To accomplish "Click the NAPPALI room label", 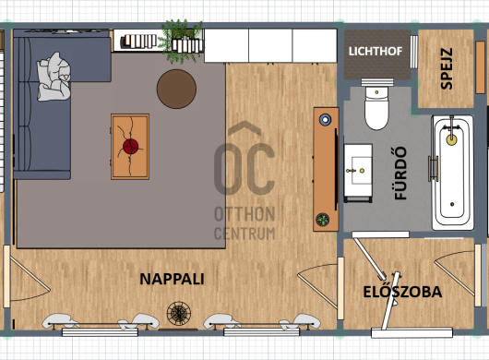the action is (172, 279).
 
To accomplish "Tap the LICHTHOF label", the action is (376, 52).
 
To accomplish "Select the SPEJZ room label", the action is (447, 68).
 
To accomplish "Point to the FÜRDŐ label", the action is (400, 174).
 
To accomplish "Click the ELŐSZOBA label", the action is (402, 292).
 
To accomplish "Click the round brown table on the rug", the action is (176, 89).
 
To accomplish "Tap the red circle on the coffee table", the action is (130, 147).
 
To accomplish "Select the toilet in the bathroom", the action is (377, 104).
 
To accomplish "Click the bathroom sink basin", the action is (358, 171).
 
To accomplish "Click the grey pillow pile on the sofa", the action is (54, 77).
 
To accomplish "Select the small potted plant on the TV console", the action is (323, 220).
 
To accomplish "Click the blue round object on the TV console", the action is (326, 119).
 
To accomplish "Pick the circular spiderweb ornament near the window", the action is (179, 313).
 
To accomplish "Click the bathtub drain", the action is (452, 204).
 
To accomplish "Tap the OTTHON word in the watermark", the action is (244, 214).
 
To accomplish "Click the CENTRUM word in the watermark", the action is (244, 234).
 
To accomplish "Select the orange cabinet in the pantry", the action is (481, 67).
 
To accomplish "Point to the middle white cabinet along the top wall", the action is (270, 45).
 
